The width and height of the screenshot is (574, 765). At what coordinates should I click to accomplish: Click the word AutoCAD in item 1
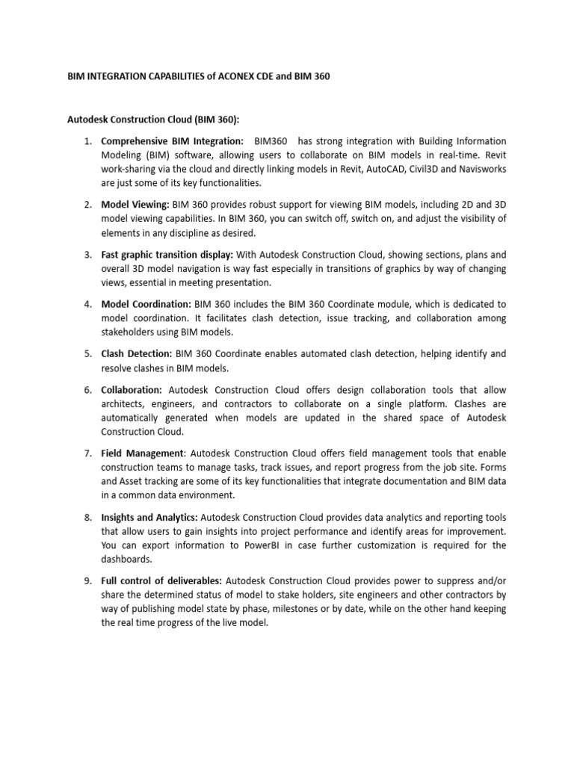[x=374, y=169]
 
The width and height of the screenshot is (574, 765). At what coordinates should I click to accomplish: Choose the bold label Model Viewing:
[x=135, y=204]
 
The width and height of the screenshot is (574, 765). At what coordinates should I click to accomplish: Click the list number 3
[x=87, y=255]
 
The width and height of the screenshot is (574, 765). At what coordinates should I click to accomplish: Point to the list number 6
[x=87, y=390]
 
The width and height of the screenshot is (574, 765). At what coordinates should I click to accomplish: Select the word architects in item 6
[x=123, y=404]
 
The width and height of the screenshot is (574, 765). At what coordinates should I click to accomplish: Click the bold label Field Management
[x=142, y=453]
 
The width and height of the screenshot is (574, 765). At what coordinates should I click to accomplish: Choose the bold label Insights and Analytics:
[x=149, y=516]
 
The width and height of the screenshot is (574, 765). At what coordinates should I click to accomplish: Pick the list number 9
[x=87, y=580]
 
